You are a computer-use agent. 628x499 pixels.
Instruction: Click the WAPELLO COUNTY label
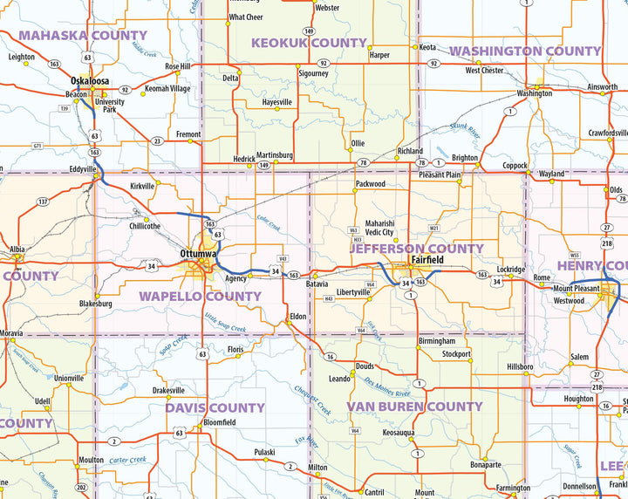click(x=200, y=297)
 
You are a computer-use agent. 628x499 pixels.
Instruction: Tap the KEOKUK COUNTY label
click(x=309, y=43)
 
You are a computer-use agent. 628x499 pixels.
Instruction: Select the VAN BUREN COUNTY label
click(x=414, y=407)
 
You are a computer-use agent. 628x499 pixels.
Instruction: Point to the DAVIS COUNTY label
click(x=215, y=407)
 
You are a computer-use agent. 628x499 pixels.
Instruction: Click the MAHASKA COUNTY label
click(x=83, y=36)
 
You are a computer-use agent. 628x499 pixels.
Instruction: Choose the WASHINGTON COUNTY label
click(x=525, y=51)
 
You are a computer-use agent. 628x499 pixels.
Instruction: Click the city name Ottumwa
click(x=198, y=253)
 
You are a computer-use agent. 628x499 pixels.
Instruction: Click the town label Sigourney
click(x=313, y=74)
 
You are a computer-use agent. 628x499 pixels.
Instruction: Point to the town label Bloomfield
click(x=220, y=422)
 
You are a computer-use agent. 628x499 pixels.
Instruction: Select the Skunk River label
click(x=465, y=132)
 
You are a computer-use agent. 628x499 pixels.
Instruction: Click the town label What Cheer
click(x=245, y=17)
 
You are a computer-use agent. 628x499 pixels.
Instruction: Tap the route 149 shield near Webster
click(x=309, y=31)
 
